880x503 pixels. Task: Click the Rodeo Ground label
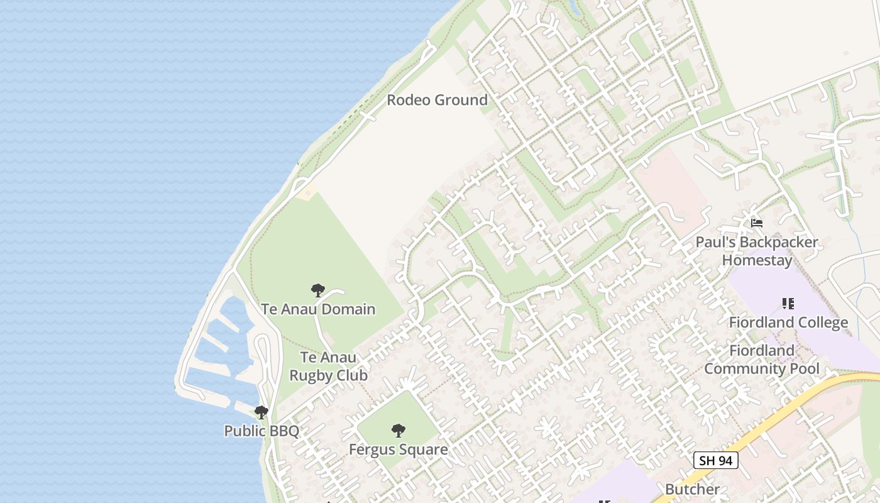437,100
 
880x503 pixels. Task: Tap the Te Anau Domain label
318,309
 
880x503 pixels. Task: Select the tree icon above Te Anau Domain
318,290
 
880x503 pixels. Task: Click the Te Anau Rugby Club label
327,367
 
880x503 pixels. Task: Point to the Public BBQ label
261,431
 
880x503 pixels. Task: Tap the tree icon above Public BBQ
261,412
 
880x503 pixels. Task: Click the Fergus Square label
399,450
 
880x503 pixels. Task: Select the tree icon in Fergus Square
398,431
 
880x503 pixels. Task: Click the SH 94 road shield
715,460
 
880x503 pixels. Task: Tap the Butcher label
692,489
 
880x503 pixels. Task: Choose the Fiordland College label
788,323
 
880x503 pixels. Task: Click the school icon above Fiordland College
788,304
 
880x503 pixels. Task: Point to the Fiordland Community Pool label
762,359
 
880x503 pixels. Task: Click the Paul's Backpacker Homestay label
757,251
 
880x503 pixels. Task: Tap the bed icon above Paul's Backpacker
757,223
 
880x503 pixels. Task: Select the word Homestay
757,260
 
